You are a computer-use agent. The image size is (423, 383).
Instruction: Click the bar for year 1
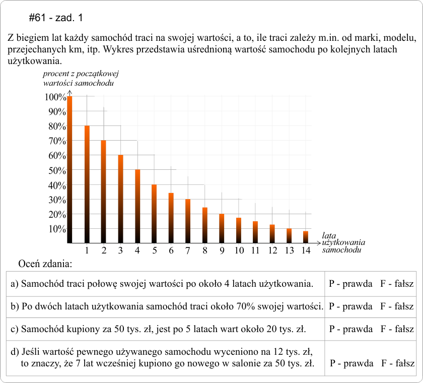[87, 184]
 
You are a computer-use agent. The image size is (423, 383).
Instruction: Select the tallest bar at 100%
[70, 169]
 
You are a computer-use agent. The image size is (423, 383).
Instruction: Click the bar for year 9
[222, 228]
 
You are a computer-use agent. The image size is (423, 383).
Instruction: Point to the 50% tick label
[56, 170]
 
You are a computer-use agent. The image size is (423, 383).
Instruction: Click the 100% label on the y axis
[54, 97]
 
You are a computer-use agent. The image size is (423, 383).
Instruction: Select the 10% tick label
[56, 229]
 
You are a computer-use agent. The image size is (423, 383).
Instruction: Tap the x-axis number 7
[188, 250]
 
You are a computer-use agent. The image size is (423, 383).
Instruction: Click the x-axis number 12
[272, 250]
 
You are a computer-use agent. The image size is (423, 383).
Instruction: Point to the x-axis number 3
[120, 250]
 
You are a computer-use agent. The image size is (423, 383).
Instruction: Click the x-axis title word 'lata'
[329, 235]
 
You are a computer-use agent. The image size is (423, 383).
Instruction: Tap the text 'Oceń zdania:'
[45, 264]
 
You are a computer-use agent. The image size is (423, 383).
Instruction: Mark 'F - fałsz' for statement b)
[397, 306]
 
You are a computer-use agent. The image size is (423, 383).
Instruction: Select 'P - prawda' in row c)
[350, 330]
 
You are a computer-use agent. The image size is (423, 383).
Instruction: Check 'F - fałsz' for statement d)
[398, 363]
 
